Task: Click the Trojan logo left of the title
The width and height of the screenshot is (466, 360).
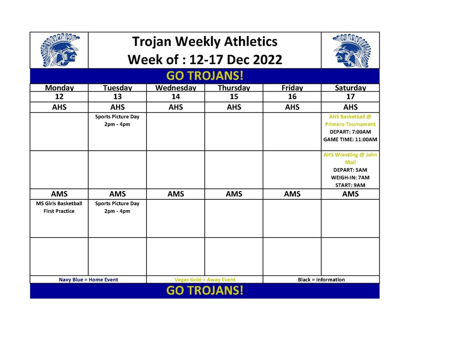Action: [60, 50]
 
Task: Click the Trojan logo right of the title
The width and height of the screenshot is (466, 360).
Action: [352, 50]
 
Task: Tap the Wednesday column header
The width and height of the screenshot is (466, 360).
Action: [176, 88]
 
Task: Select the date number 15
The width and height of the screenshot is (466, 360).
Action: [234, 96]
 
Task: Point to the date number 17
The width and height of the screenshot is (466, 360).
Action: [350, 96]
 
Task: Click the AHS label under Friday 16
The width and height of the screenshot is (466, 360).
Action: [292, 107]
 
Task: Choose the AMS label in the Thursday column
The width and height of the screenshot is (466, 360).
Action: [234, 194]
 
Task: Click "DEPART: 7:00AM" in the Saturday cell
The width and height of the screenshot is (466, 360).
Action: [350, 132]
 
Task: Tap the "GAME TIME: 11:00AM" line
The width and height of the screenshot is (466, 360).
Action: [350, 139]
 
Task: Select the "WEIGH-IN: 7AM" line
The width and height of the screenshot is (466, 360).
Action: [350, 177]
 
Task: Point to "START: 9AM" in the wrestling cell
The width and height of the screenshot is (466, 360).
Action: [350, 185]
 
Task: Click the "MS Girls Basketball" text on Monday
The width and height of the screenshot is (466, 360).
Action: [59, 203]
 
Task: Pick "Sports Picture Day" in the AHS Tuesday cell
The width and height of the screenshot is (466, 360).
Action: [117, 117]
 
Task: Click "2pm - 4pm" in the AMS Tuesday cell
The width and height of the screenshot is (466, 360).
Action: [117, 211]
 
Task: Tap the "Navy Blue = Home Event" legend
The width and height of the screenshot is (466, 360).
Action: [88, 280]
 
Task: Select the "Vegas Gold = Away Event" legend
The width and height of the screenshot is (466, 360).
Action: [205, 280]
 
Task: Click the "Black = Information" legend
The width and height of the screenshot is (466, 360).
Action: [321, 280]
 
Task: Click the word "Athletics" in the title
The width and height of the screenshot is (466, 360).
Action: [251, 41]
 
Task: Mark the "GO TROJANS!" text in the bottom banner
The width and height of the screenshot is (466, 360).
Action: [205, 290]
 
